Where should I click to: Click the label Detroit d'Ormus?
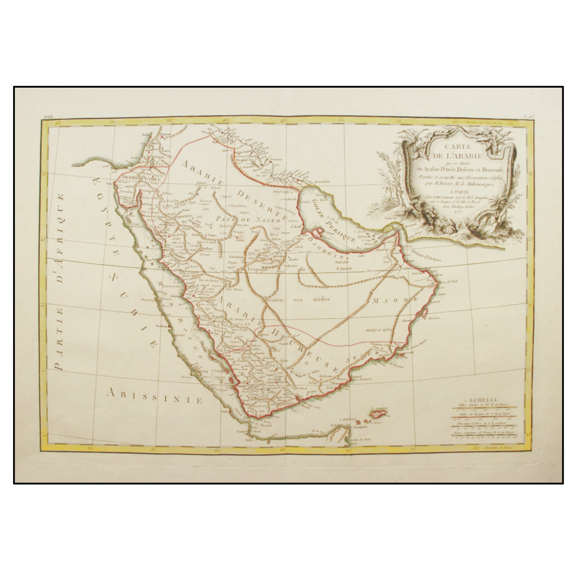(x=426, y=255)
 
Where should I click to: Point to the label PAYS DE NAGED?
(x=248, y=220)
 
